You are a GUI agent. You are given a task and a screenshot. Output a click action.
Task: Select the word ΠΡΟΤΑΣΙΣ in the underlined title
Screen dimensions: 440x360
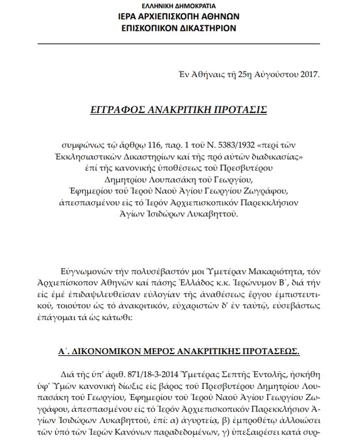240,110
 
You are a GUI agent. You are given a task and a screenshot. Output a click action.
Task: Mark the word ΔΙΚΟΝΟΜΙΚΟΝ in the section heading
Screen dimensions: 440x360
104,351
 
